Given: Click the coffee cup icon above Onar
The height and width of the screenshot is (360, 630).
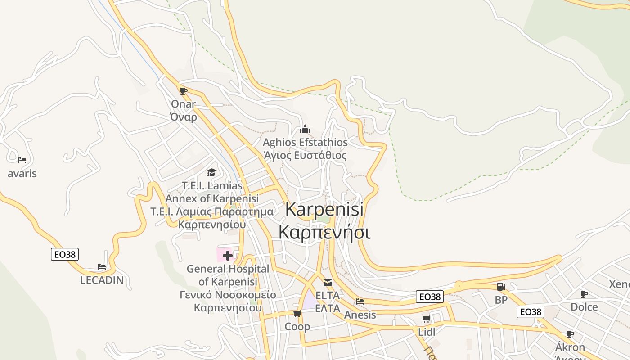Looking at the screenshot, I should [x=183, y=91].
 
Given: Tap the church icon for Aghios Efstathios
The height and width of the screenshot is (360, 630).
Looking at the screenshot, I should [x=305, y=130].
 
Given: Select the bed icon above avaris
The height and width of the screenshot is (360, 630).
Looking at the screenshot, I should [x=22, y=160].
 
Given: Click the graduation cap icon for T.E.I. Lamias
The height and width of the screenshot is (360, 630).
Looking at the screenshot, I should [x=211, y=172].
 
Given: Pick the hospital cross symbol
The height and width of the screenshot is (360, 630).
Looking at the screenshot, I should [x=228, y=256].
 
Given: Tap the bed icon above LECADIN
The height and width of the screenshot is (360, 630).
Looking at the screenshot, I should [x=102, y=267].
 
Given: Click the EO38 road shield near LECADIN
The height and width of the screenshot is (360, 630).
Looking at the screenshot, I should [x=65, y=254].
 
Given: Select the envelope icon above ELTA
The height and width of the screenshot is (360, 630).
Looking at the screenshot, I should [x=327, y=283].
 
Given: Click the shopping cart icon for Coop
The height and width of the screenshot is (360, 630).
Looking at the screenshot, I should [x=297, y=313].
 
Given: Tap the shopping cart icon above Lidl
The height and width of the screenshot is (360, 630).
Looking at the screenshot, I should [x=426, y=319].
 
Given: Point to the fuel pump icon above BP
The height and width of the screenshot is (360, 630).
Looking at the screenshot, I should [x=501, y=287].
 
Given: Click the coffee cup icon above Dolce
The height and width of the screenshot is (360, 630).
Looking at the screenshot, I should [x=584, y=294].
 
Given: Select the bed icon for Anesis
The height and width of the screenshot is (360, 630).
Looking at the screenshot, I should [x=360, y=301].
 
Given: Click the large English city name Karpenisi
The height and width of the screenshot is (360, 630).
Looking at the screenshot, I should [x=324, y=209].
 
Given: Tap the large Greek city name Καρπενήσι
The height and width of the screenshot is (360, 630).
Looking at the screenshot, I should [x=324, y=232].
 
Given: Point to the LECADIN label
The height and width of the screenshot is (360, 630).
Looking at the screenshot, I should [x=102, y=280].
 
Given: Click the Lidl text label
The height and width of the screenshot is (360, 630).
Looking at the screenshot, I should [x=426, y=332].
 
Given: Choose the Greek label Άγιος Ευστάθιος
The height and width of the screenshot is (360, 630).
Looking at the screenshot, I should [x=305, y=156].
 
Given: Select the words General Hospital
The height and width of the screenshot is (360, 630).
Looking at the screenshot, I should [x=228, y=269].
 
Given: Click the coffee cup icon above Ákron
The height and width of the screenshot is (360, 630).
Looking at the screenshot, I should [x=570, y=334].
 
